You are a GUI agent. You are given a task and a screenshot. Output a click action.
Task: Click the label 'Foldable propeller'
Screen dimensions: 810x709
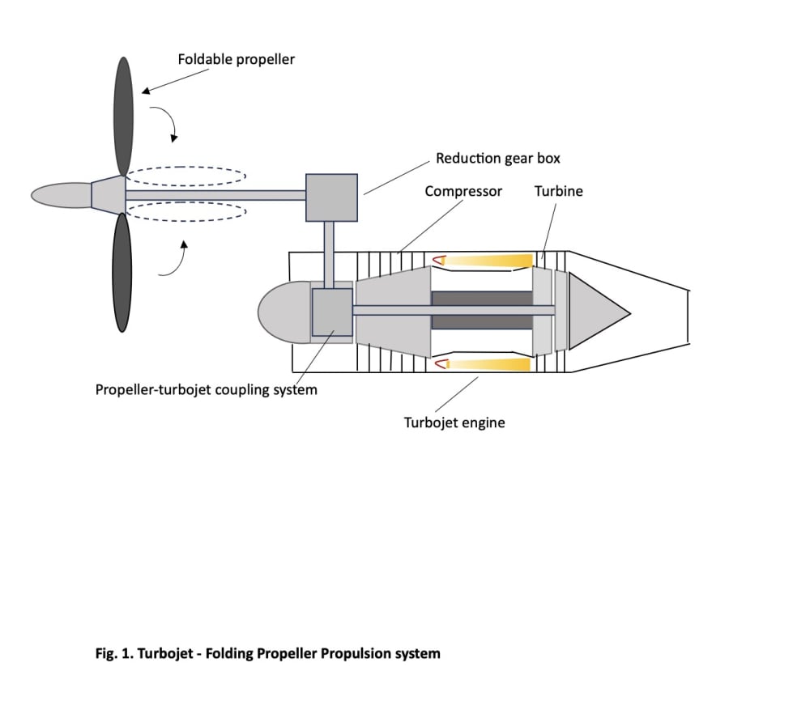(x=236, y=60)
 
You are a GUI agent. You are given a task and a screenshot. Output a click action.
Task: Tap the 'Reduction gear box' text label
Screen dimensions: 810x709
(x=498, y=159)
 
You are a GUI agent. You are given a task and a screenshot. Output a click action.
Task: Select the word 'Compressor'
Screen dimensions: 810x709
(x=463, y=192)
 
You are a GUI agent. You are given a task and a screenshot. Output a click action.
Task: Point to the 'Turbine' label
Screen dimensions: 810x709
(x=558, y=191)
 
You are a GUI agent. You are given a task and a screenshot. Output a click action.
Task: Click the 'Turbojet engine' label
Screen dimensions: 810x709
(x=454, y=422)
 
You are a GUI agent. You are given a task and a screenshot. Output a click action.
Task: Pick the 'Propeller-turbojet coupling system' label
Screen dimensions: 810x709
(x=206, y=389)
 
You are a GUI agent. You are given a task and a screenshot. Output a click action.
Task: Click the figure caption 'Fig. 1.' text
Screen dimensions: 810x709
(x=114, y=653)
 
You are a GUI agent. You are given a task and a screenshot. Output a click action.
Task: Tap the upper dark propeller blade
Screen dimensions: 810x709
(x=123, y=116)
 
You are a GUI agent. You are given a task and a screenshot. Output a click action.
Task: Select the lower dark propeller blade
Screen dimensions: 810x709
(x=122, y=273)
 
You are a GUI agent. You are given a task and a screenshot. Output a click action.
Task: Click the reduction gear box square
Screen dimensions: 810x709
(x=331, y=197)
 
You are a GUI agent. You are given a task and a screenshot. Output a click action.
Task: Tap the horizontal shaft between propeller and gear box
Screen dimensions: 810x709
(x=215, y=195)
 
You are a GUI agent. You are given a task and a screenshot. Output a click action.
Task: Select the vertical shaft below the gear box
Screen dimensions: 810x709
(x=329, y=255)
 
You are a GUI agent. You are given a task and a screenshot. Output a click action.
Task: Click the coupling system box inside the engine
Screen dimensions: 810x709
(x=332, y=312)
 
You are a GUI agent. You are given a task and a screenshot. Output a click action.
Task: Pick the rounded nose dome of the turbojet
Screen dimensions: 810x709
(x=284, y=312)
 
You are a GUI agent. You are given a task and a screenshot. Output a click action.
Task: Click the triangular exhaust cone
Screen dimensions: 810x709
(x=599, y=312)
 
